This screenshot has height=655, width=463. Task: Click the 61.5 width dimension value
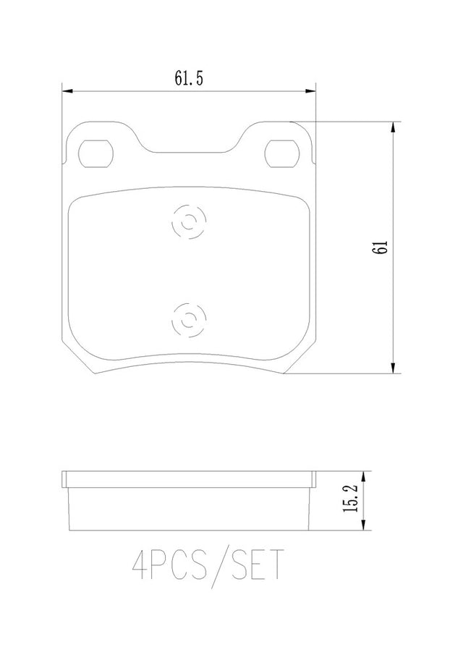pyautogui.click(x=189, y=78)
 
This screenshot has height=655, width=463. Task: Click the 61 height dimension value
pyautogui.click(x=381, y=248)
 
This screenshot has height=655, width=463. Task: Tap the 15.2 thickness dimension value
pyautogui.click(x=351, y=499)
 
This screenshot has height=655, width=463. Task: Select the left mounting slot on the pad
pyautogui.click(x=96, y=153)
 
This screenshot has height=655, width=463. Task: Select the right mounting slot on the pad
pyautogui.click(x=282, y=153)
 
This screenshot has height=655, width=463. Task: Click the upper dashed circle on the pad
pyautogui.click(x=189, y=221)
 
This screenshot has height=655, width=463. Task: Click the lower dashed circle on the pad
pyautogui.click(x=189, y=321)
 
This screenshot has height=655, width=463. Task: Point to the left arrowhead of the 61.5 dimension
pyautogui.click(x=67, y=91)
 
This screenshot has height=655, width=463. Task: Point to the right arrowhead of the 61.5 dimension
pyautogui.click(x=310, y=91)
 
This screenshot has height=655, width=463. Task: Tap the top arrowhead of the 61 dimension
pyautogui.click(x=392, y=127)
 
